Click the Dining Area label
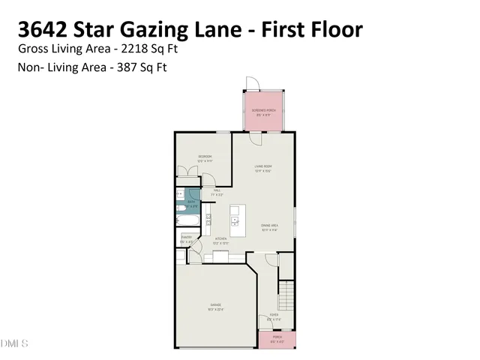270,228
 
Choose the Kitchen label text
220,241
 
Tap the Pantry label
187,239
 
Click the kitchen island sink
235,220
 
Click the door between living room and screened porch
256,137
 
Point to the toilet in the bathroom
181,207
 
